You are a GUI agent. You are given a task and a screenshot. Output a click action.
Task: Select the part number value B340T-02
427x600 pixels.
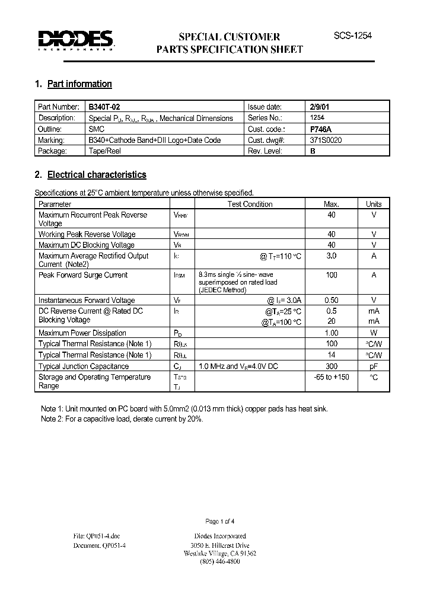(104, 107)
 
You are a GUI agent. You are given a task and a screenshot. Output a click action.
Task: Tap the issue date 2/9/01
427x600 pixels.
(319, 107)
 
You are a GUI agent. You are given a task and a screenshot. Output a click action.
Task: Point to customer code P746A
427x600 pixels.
(321, 129)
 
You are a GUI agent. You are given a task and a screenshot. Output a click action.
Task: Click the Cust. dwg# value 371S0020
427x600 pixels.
(326, 140)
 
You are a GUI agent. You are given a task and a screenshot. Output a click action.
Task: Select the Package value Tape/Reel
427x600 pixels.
(106, 151)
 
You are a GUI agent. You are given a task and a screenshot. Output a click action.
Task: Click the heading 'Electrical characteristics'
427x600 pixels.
(96, 174)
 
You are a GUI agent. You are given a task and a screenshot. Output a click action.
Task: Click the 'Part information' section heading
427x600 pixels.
(79, 84)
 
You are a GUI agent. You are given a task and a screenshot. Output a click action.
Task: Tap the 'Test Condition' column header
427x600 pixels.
(250, 204)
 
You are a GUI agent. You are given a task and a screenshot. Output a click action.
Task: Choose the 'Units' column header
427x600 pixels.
(374, 204)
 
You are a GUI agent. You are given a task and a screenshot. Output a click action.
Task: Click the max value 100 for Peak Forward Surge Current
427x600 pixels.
(331, 275)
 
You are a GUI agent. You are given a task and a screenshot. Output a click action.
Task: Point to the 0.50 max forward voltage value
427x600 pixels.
(331, 301)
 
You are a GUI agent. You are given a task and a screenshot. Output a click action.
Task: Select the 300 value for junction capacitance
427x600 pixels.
(331, 366)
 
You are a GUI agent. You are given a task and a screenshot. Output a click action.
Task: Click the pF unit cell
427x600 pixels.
(374, 366)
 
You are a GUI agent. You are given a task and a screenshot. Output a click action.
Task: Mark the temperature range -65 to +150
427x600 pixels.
(331, 377)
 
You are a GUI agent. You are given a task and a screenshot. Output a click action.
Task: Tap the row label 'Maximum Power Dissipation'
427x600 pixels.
(82, 333)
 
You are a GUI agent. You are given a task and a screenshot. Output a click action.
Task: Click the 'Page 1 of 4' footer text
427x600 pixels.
(219, 522)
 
